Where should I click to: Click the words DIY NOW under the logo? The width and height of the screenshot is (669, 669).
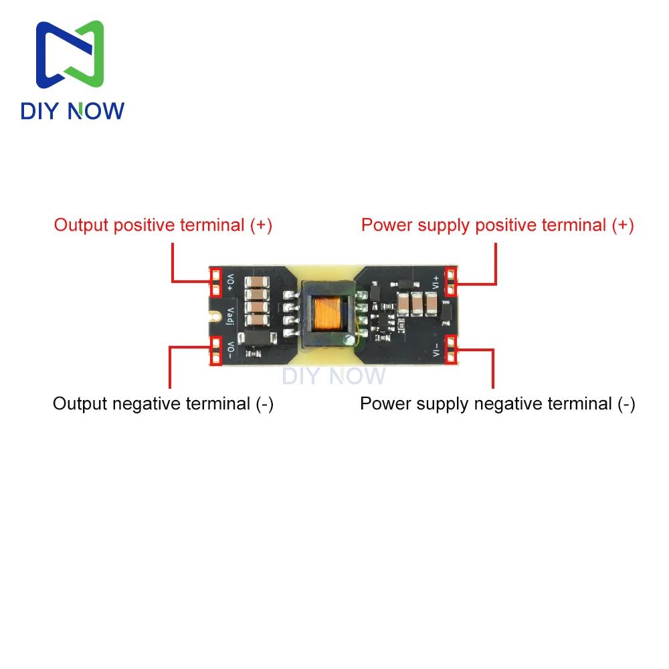[72, 110]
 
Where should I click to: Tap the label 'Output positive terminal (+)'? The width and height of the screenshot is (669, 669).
[163, 225]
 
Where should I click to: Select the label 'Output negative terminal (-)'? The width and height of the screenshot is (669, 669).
[163, 403]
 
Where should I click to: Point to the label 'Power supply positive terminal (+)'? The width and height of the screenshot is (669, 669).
[498, 225]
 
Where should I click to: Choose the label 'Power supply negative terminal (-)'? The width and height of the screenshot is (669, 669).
[498, 403]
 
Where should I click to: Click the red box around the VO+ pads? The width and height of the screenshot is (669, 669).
[216, 282]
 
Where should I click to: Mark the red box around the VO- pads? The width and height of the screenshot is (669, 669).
[216, 351]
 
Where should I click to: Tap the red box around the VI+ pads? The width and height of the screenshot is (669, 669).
[451, 282]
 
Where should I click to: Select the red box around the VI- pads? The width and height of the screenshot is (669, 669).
[451, 351]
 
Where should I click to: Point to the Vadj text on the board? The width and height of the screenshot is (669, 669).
[230, 316]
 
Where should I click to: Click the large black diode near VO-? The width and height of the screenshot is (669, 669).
[257, 340]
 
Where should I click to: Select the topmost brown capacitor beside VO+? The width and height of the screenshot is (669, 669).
[257, 283]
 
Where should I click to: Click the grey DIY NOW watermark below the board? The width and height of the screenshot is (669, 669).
[334, 376]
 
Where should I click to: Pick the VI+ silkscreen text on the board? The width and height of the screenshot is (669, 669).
[436, 282]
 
